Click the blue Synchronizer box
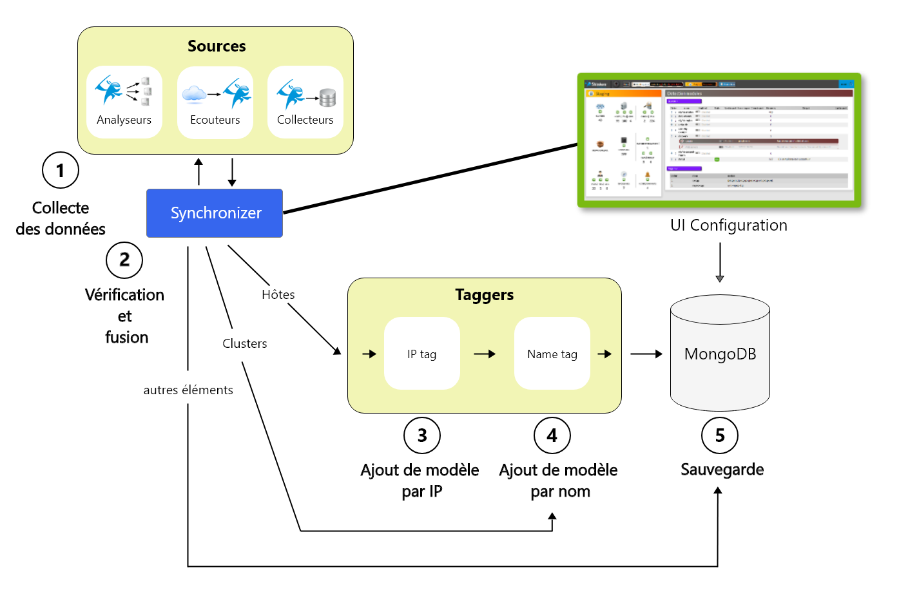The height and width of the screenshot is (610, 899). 215,213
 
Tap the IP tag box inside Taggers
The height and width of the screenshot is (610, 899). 422,354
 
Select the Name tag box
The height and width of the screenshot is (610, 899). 552,354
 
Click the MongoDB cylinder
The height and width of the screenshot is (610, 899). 720,354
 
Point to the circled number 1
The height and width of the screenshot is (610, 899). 61,170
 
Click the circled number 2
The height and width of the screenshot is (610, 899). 124,260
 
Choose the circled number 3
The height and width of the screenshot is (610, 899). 422,435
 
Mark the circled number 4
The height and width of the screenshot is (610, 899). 552,435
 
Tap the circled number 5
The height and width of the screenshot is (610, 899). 720,435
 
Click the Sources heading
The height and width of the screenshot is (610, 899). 217,46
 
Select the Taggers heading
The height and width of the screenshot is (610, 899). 485,295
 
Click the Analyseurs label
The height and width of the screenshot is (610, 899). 124,120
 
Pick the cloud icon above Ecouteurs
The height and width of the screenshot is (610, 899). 194,95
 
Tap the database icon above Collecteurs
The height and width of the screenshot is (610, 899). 328,98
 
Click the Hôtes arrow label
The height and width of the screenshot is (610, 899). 278,294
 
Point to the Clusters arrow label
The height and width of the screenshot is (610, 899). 245,343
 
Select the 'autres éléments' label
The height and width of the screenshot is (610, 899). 188,390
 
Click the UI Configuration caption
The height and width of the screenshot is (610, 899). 729,225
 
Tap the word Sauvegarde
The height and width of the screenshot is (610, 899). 722,470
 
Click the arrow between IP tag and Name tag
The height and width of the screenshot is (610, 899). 485,354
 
